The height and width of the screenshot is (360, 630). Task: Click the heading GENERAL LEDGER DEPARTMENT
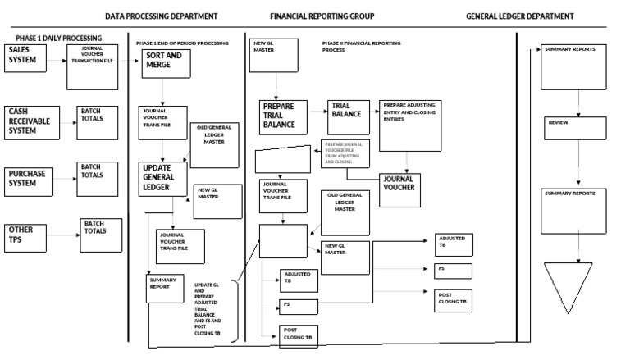coord(519,16)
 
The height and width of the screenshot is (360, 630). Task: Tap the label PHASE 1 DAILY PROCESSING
coord(59,38)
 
